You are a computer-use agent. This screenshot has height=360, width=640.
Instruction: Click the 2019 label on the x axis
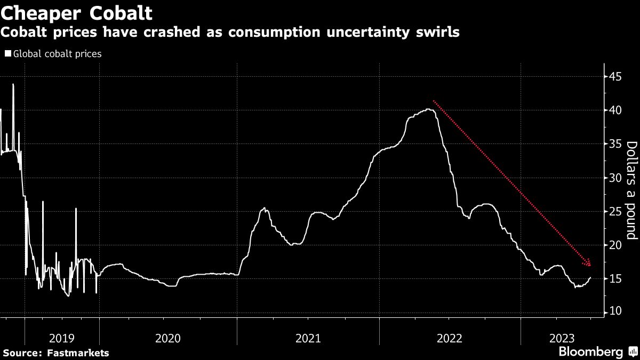coord(62,338)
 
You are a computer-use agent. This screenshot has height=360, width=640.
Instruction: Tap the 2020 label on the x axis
coord(168,338)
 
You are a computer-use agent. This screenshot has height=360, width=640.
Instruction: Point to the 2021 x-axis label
coord(308,338)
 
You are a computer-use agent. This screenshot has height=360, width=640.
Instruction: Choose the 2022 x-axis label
coord(450,338)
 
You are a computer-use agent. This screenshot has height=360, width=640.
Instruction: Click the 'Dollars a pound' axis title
coord(631,190)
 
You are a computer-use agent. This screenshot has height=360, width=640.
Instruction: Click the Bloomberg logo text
coord(590,351)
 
